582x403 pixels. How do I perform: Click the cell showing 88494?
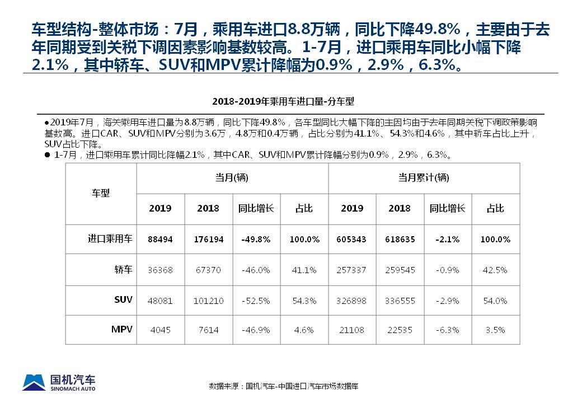click(x=161, y=239)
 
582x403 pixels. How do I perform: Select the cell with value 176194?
click(x=208, y=239)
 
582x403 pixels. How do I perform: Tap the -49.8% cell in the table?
click(x=256, y=239)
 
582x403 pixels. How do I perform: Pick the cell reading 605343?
click(x=352, y=239)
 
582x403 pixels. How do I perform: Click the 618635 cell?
click(x=400, y=239)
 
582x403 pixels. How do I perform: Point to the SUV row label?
click(x=123, y=299)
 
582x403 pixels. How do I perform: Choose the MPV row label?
click(x=122, y=329)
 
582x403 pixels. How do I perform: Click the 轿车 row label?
click(x=124, y=269)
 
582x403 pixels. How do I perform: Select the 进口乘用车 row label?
click(x=110, y=238)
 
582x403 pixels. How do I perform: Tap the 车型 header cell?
click(x=101, y=193)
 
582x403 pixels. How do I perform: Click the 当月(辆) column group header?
click(x=232, y=178)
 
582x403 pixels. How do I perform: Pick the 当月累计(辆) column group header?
click(x=424, y=178)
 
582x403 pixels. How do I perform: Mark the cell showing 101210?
click(x=208, y=301)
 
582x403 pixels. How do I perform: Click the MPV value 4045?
click(x=161, y=330)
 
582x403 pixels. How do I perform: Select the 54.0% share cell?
click(x=495, y=301)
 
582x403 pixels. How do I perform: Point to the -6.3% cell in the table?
click(x=448, y=330)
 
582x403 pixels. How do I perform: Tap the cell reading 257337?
click(x=352, y=270)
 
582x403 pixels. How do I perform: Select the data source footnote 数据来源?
click(x=284, y=386)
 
